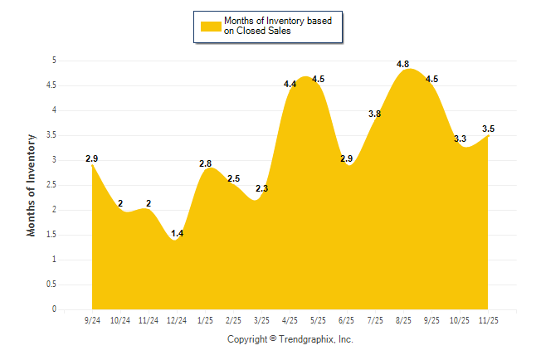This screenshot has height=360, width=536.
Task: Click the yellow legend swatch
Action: tap(211, 26)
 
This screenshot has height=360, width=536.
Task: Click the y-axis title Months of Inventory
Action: tap(32, 185)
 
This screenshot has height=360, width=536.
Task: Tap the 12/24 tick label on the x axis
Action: tap(177, 320)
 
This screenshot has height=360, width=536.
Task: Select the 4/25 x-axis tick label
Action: tap(290, 320)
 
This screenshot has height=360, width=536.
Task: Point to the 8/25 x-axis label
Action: tap(404, 320)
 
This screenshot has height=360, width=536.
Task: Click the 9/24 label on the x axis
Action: tap(92, 320)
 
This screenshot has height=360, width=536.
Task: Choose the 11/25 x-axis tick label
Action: tap(489, 320)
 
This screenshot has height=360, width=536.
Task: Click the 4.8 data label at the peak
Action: tap(404, 63)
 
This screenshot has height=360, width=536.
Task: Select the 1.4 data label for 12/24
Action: tap(177, 233)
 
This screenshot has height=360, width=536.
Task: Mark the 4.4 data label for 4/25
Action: tap(290, 84)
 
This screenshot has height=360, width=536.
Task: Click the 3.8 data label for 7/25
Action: tap(374, 114)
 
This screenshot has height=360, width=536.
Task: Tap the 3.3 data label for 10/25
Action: tap(460, 139)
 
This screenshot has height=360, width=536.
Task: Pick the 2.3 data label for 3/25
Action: tap(262, 188)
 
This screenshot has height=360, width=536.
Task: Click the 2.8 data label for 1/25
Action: tap(206, 163)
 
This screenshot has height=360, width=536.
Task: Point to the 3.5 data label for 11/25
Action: tap(488, 129)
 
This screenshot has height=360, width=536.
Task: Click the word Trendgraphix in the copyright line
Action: tap(307, 339)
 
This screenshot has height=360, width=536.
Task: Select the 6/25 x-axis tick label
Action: tap(347, 320)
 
